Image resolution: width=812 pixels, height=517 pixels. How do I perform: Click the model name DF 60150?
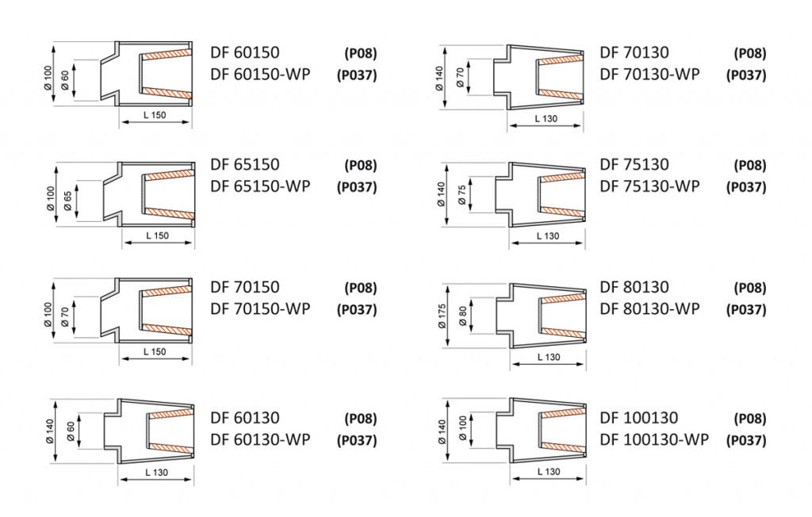coord(244,52)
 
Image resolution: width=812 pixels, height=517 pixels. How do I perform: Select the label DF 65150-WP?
coord(260,186)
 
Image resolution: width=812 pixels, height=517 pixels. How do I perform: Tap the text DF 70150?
coord(244,286)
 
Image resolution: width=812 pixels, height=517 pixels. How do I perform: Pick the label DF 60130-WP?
coord(260,439)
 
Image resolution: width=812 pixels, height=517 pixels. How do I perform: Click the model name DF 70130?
coord(634,52)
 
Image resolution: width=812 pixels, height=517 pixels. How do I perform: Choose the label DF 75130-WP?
coord(649,186)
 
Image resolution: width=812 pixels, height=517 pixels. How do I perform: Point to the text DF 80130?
coord(634,286)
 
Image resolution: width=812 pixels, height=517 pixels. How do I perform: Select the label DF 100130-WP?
coord(654,439)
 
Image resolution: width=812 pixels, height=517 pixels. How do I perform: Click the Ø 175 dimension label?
coord(442,316)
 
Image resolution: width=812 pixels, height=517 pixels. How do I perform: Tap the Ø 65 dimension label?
coord(68,201)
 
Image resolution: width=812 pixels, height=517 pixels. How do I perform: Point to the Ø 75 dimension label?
coord(462,195)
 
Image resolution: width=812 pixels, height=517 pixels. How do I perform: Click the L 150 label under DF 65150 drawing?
coord(157,236)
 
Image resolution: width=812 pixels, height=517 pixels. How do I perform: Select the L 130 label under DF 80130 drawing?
coord(549,357)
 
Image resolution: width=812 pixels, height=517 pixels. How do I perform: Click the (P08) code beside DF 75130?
coord(750,165)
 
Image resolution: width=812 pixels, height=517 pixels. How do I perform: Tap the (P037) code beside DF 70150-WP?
coord(357,309)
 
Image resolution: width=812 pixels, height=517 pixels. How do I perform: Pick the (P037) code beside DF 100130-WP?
coord(746,440)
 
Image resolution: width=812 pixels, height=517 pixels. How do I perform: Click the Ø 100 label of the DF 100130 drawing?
coord(462,429)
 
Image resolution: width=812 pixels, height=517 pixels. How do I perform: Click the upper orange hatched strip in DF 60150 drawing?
coord(167,54)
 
